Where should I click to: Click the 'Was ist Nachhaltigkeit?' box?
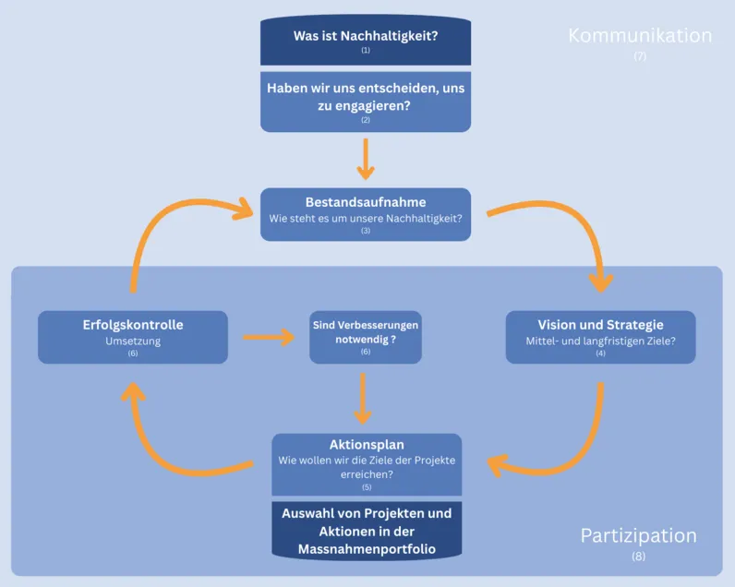pos(366,41)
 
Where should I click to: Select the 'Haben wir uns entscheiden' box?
pos(366,101)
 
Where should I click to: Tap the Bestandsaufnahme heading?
pos(366,202)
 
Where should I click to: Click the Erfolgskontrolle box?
pos(132,337)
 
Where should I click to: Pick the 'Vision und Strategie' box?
pos(600,337)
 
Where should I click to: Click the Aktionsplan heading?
pos(367,444)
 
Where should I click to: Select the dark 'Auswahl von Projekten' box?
pos(367,531)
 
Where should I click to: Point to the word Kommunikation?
pos(640,36)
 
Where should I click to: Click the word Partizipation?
pos(638,536)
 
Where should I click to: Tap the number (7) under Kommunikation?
pos(640,56)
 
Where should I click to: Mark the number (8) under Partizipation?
pos(639,557)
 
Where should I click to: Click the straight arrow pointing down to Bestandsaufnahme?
pos(366,159)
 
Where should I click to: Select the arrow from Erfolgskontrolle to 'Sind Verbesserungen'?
pos(269,337)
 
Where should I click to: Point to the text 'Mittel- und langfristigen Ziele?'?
pos(600,341)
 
